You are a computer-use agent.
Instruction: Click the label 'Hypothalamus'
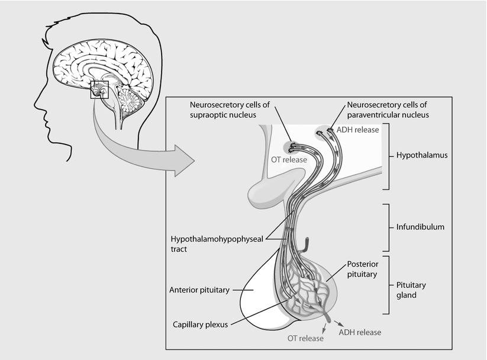[x=422, y=156]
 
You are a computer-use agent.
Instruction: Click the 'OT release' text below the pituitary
[x=305, y=339]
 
